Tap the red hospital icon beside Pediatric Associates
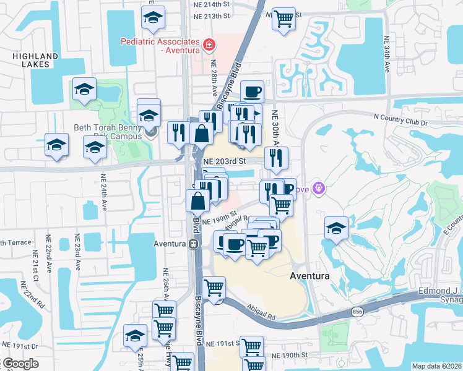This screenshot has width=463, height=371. (x=209, y=45)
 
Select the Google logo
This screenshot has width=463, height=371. (x=20, y=364)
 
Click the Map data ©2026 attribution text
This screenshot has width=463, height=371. (x=436, y=366)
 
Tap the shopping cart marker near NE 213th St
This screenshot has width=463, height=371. (x=283, y=19)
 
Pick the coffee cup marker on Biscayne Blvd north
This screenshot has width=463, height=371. (x=252, y=92)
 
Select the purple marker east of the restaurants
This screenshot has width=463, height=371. (x=319, y=186)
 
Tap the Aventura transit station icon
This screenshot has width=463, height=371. (x=194, y=244)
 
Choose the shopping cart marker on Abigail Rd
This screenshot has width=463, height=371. (x=214, y=287)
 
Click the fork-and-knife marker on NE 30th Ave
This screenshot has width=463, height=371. (x=276, y=158)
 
